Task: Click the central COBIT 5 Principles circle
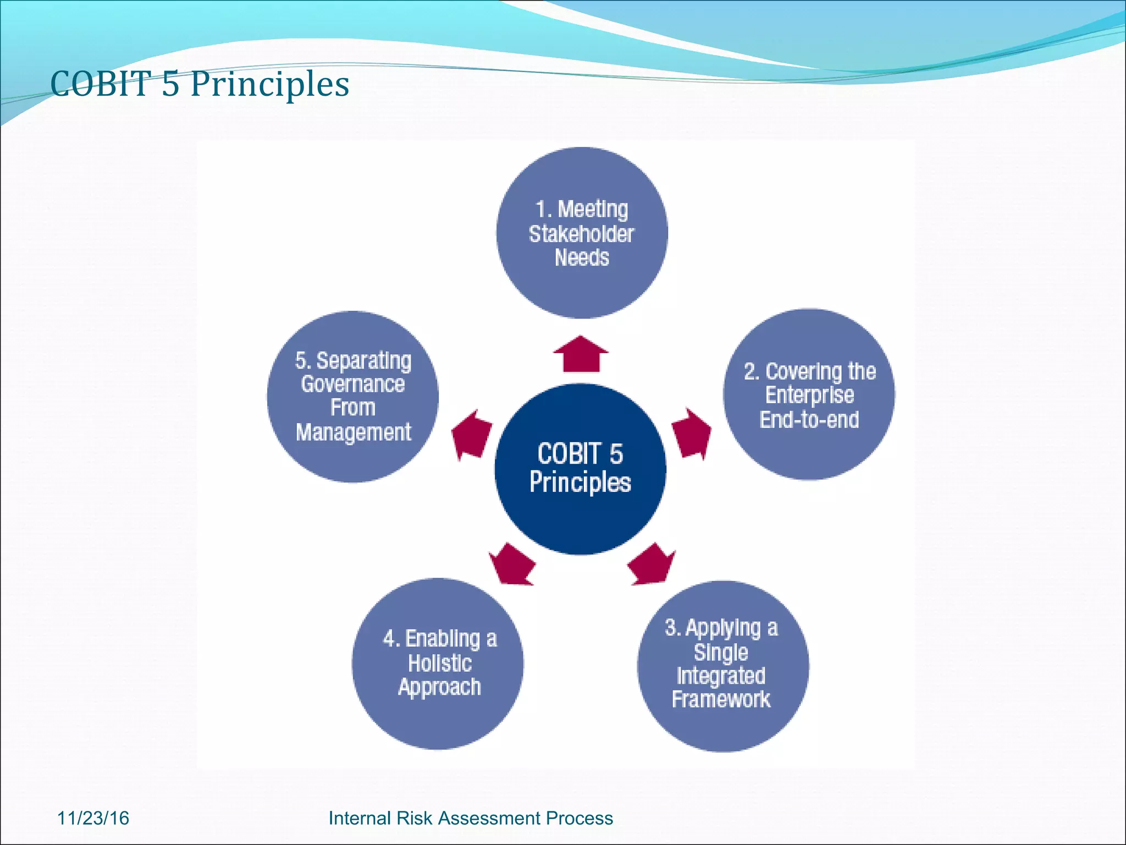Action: point(580,469)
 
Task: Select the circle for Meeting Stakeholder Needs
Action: point(582,233)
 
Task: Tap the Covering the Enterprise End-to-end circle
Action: point(809,394)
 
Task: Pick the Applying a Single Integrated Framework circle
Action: point(722,666)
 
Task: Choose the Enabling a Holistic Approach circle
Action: point(438,663)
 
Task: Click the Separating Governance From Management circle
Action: point(352,397)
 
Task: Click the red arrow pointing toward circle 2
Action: point(692,434)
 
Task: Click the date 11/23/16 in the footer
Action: point(93,818)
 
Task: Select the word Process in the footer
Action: point(579,818)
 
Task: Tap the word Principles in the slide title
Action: point(270,85)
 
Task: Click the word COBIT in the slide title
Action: point(101,85)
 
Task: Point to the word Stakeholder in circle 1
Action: point(581,234)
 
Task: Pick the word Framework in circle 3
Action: point(721,700)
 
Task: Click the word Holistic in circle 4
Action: point(440,663)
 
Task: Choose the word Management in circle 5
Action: point(354,432)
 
